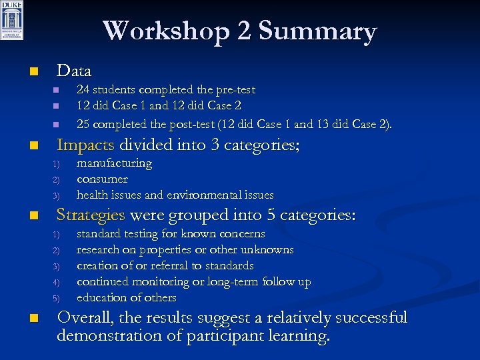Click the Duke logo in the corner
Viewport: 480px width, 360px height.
(x=12, y=21)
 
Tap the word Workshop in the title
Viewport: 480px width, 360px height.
(x=177, y=31)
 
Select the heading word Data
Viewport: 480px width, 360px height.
(x=74, y=70)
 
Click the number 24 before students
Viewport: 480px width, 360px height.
(x=83, y=89)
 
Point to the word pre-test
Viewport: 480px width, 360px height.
(x=233, y=89)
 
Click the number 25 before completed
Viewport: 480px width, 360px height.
(x=83, y=123)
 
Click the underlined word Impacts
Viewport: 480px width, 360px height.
(x=85, y=144)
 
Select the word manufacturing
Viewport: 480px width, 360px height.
(x=114, y=163)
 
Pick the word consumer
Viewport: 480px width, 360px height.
(x=102, y=179)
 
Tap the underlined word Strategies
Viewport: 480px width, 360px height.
(x=91, y=215)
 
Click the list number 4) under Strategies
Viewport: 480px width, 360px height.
(x=57, y=283)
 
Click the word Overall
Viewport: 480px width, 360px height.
(x=85, y=317)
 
